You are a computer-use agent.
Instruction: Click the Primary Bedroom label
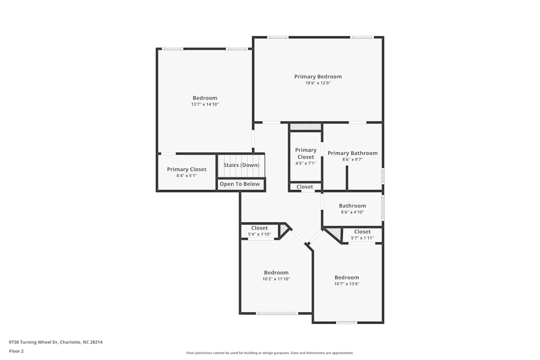[x=318, y=77]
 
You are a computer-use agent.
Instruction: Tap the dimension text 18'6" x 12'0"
[x=318, y=83]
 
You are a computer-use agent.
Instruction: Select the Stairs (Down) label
[x=241, y=165]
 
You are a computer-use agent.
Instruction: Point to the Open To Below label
[x=239, y=184]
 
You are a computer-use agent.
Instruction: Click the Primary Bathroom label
[x=353, y=153]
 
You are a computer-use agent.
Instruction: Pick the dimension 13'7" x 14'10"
[x=205, y=104]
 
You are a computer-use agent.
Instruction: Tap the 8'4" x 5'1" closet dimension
[x=186, y=175]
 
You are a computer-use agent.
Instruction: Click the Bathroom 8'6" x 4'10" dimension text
[x=353, y=212]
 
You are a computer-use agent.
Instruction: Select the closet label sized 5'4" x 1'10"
[x=259, y=228]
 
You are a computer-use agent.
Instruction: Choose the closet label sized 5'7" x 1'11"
[x=362, y=232]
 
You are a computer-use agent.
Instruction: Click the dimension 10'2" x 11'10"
[x=276, y=279]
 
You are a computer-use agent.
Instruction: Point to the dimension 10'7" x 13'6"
[x=347, y=284]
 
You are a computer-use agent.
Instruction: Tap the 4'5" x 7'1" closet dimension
[x=306, y=163]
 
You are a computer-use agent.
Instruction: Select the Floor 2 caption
[x=16, y=351]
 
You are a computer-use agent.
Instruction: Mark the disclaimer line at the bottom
[x=270, y=353]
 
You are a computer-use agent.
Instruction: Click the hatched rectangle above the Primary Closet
[x=306, y=127]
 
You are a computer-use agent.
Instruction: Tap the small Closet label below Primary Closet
[x=305, y=187]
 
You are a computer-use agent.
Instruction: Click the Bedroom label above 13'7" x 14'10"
[x=205, y=98]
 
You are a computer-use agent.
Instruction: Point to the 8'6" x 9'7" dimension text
[x=353, y=160]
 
